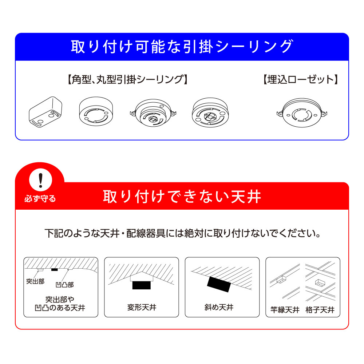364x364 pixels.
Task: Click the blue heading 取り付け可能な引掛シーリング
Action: point(182,47)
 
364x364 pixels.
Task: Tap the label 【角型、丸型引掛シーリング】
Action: point(127,80)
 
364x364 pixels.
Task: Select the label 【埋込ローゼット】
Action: point(301,80)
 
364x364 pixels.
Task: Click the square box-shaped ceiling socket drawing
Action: point(45,112)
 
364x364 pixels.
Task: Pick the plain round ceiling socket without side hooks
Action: point(96,111)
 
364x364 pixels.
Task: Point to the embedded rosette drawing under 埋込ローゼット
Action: point(301,112)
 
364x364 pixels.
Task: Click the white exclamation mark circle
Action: point(41,180)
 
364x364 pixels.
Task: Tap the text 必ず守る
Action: point(40,199)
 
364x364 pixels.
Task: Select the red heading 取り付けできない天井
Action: point(182,197)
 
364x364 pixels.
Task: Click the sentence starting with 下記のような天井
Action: point(183,233)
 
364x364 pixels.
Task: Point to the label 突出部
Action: point(35,281)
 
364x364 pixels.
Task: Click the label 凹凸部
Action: point(65,285)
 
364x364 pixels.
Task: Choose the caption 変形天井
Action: point(142,307)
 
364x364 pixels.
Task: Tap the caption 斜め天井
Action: point(219,307)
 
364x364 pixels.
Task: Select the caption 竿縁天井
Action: point(285,310)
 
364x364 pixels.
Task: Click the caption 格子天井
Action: point(320,310)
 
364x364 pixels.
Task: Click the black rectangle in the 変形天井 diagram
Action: point(141,285)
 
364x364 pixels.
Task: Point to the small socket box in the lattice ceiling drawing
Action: point(319,283)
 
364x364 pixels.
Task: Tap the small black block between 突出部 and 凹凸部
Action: point(54,269)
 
